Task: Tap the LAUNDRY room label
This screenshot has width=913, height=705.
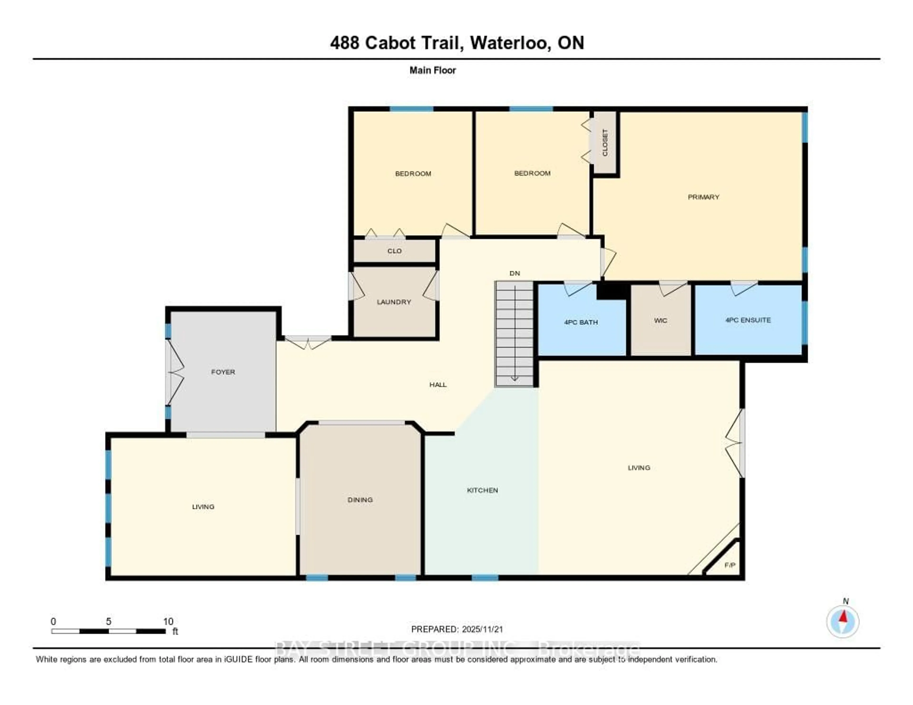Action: coord(394,302)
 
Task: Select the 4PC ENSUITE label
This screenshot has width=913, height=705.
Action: coord(748,320)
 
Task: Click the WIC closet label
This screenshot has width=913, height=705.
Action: coord(660,321)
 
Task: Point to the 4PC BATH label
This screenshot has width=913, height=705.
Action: coord(581,322)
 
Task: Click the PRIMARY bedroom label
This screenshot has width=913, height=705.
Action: coord(704,197)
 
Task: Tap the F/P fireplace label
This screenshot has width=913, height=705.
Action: coord(729,565)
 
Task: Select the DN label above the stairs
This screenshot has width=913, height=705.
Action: coord(515,273)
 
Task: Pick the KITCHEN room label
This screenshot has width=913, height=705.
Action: coord(482,490)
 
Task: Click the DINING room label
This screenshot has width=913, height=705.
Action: coord(360,500)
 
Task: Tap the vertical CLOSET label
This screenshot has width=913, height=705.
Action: coord(605,143)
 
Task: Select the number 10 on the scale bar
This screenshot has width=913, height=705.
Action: coord(168,621)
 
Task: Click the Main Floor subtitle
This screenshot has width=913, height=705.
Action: coord(432,70)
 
